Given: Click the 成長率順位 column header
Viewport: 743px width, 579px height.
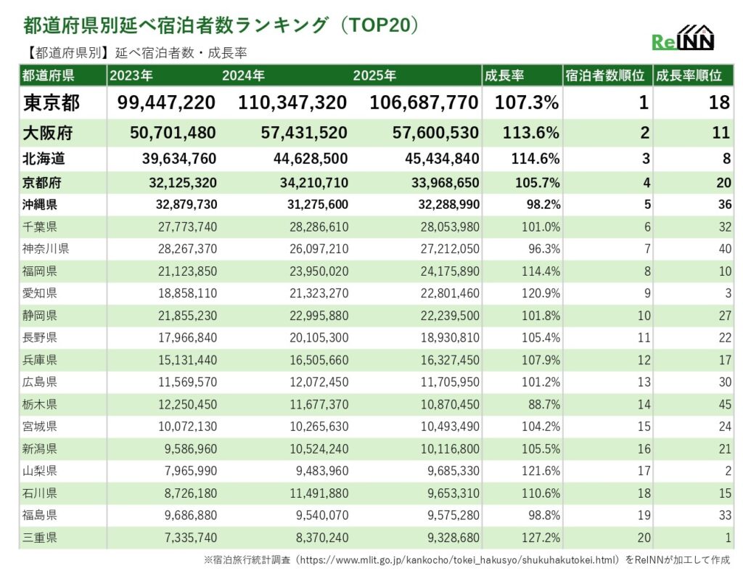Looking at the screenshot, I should (688, 75).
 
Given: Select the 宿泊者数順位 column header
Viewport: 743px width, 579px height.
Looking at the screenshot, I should (604, 75).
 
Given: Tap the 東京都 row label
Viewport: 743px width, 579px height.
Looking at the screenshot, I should (51, 103).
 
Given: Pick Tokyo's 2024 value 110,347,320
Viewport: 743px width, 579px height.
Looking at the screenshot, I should (292, 103).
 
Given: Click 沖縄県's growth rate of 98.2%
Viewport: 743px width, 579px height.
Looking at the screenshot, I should (541, 205).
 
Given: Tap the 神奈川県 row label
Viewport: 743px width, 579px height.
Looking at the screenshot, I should (46, 249).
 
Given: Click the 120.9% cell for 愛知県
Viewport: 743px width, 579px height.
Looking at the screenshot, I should (541, 294).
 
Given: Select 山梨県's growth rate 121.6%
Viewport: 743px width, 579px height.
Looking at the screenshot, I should (541, 471).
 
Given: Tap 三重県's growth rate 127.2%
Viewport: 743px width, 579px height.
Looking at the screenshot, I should (541, 538).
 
